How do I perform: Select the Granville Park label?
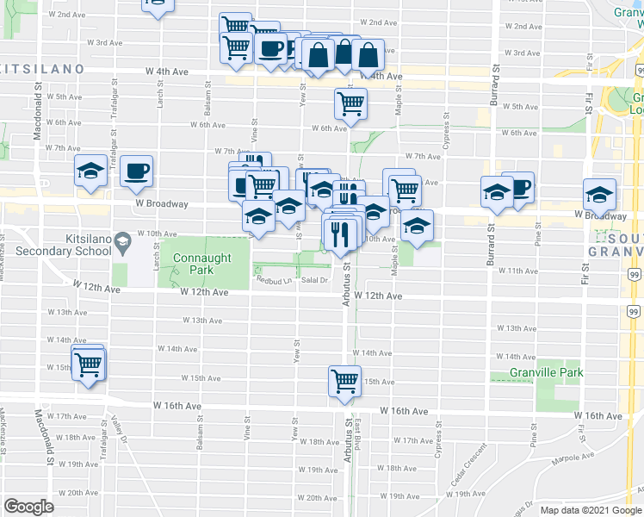tap(546, 372)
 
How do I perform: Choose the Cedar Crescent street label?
tap(466, 465)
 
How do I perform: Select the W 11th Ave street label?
tap(517, 271)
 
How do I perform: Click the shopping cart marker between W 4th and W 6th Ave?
tap(350, 103)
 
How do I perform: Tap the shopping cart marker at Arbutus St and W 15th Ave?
tap(344, 380)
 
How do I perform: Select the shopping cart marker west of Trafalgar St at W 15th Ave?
tap(89, 365)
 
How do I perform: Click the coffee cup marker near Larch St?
tap(136, 171)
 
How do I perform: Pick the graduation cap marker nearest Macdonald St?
tap(90, 171)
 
